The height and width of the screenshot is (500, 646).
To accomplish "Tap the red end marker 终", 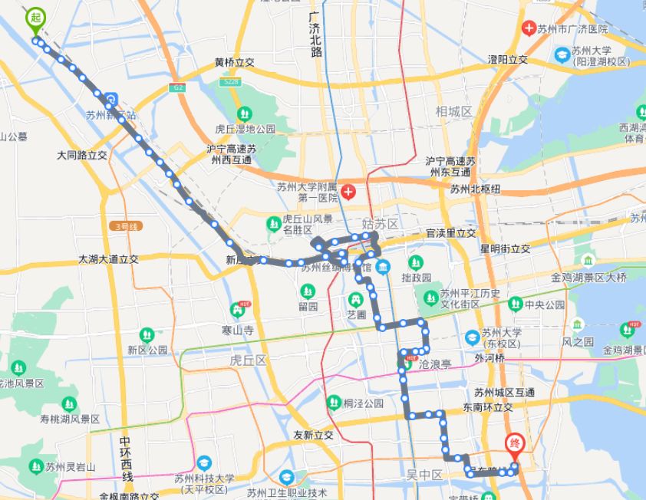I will (x=515, y=444).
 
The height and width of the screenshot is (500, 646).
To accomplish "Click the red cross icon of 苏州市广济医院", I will (x=528, y=28).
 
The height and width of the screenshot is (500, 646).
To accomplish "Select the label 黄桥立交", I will (x=234, y=63).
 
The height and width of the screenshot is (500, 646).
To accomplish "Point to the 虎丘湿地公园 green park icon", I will (x=244, y=115).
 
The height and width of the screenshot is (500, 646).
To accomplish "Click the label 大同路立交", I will (x=81, y=155).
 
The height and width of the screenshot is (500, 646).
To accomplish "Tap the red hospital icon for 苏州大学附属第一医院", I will (x=349, y=190).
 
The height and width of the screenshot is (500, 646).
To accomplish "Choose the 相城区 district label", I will (x=453, y=111).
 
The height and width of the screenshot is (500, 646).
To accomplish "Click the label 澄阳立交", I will (x=508, y=59).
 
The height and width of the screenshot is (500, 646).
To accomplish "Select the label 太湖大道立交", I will (x=107, y=259).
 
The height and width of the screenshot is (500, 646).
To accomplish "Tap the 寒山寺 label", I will (x=237, y=329).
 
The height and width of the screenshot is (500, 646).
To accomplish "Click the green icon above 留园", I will (x=307, y=291).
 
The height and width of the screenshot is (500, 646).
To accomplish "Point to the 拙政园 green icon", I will (x=416, y=263).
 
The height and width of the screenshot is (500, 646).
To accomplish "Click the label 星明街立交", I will (x=505, y=248).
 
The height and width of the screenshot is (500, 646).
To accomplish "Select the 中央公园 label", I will (x=545, y=304).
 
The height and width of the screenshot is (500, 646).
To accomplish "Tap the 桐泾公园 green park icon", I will (x=333, y=402).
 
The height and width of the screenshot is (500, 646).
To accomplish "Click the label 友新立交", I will (x=313, y=435).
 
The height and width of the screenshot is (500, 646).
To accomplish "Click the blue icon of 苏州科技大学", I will (x=204, y=462).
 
